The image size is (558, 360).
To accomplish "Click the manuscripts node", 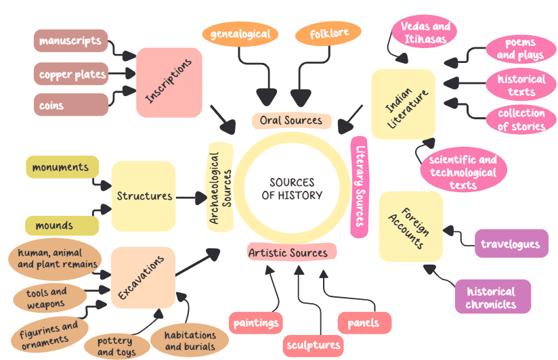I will [70, 41].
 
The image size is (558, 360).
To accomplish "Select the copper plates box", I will [72, 74].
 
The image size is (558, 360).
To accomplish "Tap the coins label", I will [70, 105].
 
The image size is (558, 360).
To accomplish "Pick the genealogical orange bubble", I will [240, 34].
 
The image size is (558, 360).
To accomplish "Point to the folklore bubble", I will [328, 33].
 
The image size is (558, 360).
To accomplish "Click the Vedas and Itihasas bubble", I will [425, 32].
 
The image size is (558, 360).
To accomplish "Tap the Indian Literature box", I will [403, 104].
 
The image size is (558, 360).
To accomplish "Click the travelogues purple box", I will [511, 244].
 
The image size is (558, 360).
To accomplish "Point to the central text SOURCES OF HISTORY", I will [292, 189].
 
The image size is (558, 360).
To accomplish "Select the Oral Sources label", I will [291, 120].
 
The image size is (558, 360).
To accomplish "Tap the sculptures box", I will [313, 344].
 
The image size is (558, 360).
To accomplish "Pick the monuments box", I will [62, 167].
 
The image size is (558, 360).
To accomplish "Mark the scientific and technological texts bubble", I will [463, 171].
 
